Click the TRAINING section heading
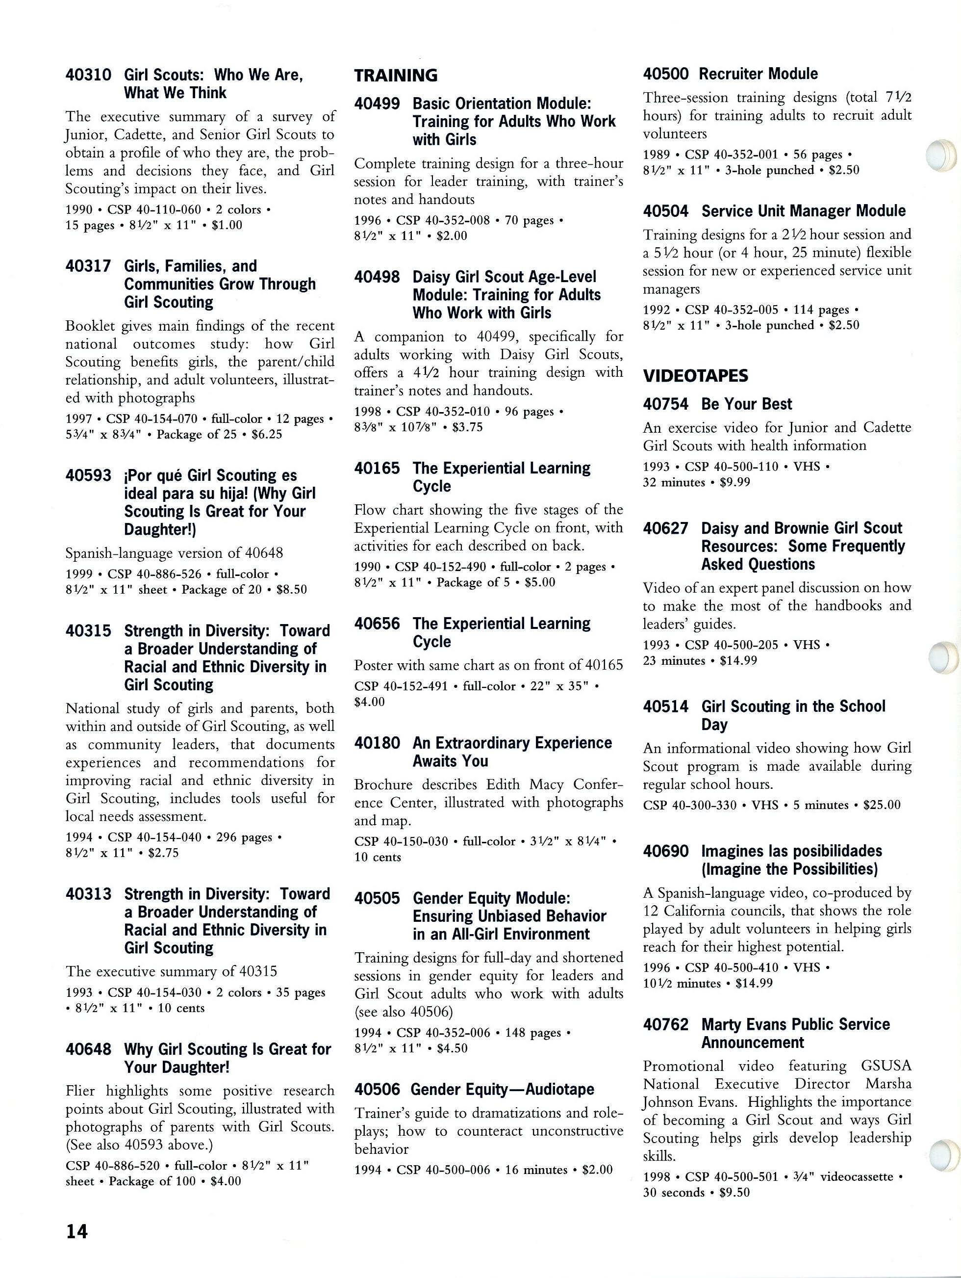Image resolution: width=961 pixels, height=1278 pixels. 396,76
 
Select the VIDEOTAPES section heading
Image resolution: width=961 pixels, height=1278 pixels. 695,376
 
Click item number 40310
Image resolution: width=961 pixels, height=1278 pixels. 88,75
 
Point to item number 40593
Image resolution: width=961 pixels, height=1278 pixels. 88,475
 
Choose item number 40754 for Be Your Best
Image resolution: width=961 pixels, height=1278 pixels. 665,404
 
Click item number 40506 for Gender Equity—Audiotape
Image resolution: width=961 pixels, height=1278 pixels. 377,1089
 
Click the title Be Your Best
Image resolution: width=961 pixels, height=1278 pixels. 746,404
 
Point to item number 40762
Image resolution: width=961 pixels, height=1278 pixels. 665,1024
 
